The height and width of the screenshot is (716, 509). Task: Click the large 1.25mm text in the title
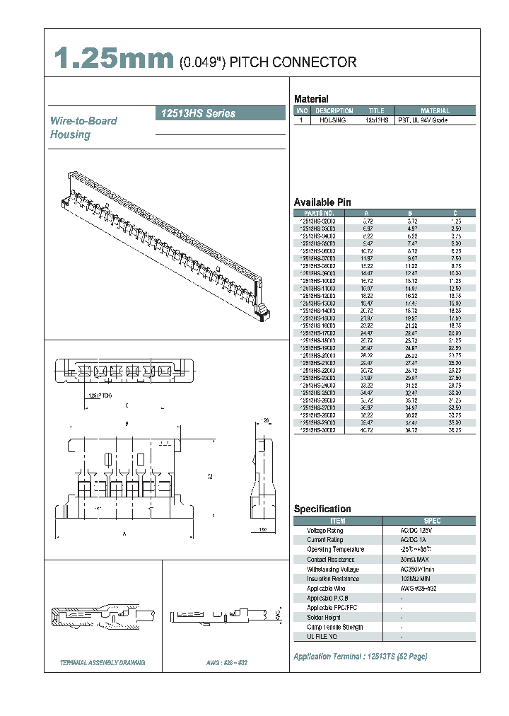(x=114, y=59)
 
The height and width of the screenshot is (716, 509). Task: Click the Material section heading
(x=311, y=99)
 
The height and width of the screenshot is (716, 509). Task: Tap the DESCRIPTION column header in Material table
(x=334, y=111)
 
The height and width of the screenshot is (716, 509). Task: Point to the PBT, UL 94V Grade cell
(x=423, y=121)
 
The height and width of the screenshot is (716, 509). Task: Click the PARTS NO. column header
(x=319, y=213)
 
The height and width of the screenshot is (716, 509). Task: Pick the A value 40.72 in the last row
(x=366, y=429)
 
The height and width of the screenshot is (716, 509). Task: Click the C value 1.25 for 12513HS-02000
(x=455, y=221)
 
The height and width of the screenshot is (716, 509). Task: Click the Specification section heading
(x=322, y=509)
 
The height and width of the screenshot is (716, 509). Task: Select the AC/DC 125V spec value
(x=416, y=530)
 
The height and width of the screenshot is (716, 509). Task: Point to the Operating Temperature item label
(x=335, y=550)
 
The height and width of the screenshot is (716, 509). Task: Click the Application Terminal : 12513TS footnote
(x=360, y=657)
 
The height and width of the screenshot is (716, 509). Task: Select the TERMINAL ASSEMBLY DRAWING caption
(x=103, y=663)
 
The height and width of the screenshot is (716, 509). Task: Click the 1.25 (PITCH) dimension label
(x=102, y=395)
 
